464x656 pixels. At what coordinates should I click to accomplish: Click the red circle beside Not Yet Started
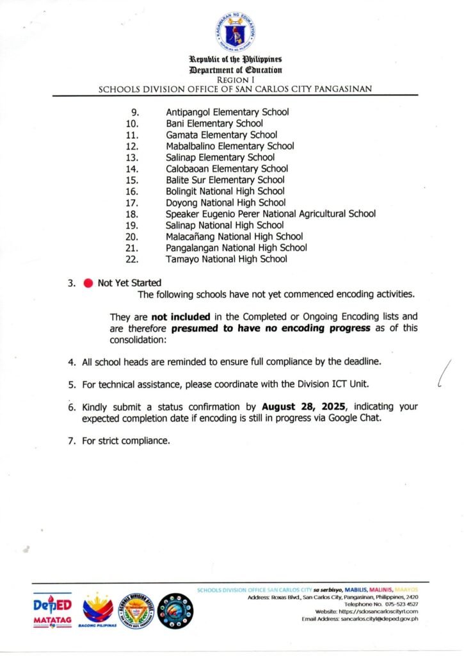[88, 283]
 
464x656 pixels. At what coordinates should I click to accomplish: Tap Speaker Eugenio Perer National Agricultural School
[270, 213]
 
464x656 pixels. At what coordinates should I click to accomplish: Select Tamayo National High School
[226, 259]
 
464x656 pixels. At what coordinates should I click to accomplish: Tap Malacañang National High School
[234, 236]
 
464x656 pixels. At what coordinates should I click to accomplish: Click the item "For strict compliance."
[125, 440]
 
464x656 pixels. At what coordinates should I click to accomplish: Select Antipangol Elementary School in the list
[227, 112]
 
